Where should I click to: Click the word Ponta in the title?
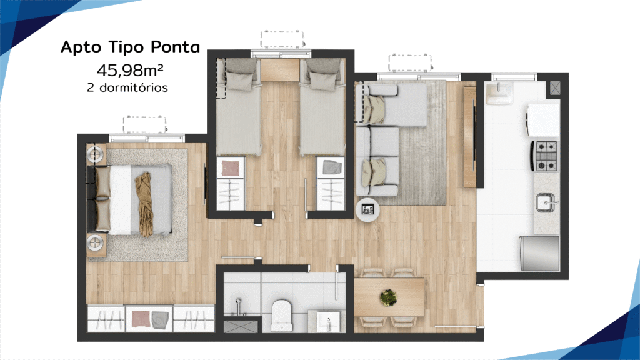coord(175,47)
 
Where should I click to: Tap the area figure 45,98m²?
coord(130,70)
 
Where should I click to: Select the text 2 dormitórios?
coord(127,87)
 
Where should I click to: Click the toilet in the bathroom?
coord(282,315)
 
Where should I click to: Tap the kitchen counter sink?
coord(547,202)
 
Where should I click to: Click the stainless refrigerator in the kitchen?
coord(539,252)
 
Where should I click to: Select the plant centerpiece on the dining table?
coord(388,297)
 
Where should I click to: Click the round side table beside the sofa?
coord(367,210)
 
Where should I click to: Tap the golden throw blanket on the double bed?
coord(144,204)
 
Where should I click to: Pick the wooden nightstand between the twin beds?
coord(280,70)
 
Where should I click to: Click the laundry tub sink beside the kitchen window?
coord(499,92)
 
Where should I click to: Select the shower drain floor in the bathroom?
coord(241,326)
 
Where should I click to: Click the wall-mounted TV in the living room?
coord(474,136)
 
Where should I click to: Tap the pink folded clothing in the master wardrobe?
coord(141,319)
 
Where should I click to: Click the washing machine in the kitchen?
coord(543,119)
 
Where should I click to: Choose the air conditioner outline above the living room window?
coord(410,63)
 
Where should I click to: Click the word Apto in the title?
coord(81,47)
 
